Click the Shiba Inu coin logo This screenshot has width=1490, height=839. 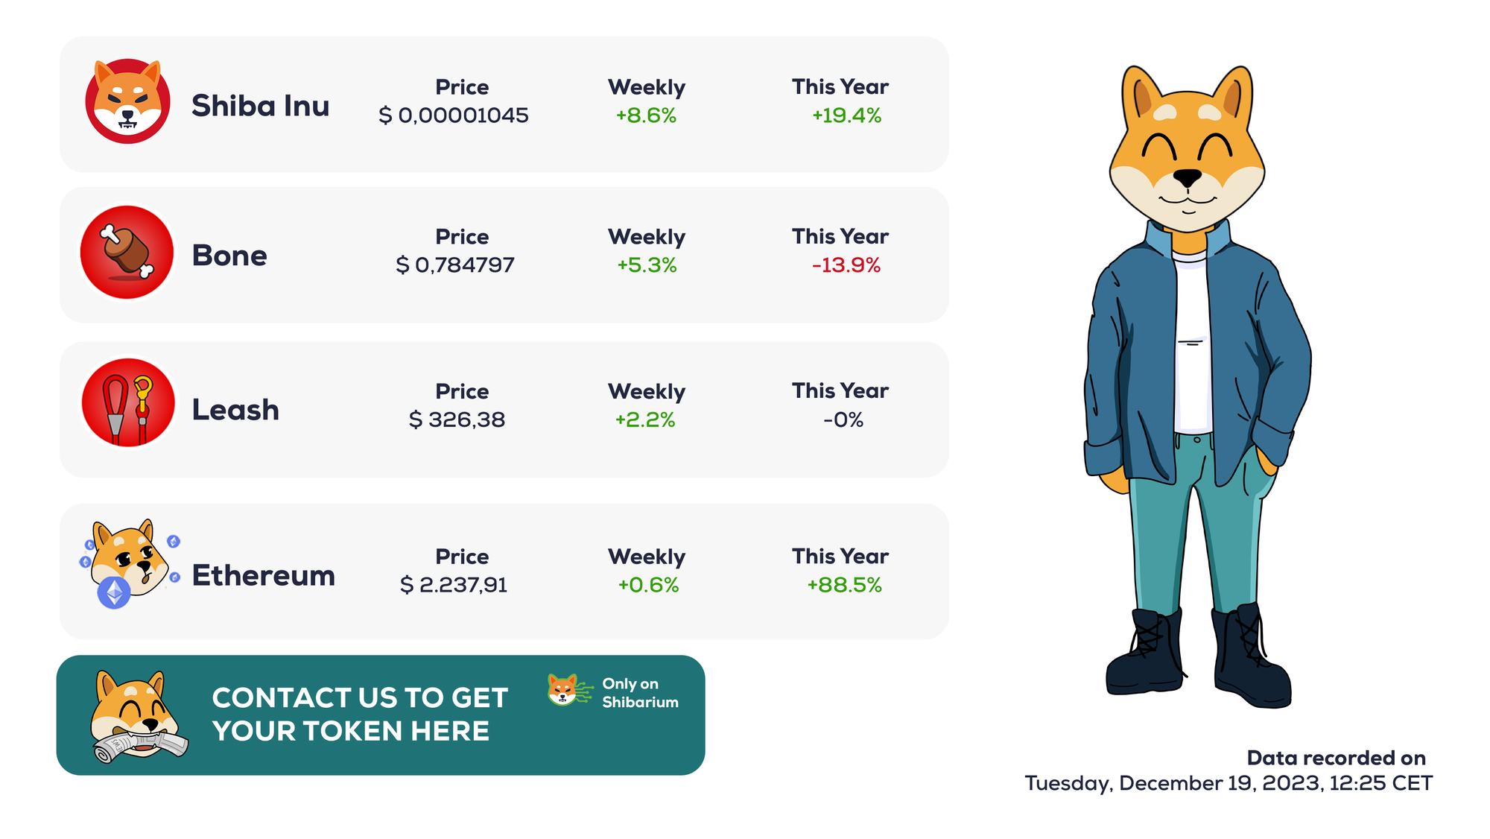pyautogui.click(x=127, y=101)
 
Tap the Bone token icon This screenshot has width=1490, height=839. pyautogui.click(x=127, y=253)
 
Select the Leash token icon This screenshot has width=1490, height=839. pyautogui.click(x=127, y=403)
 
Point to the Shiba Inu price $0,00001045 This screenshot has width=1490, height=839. pyautogui.click(x=454, y=115)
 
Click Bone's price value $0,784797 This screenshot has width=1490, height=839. pyautogui.click(x=455, y=265)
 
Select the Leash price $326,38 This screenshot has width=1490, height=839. pyautogui.click(x=457, y=420)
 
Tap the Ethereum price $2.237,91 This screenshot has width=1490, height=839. pyautogui.click(x=454, y=585)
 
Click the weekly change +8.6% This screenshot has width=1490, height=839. pyautogui.click(x=646, y=115)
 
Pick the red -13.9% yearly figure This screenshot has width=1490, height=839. pyautogui.click(x=846, y=265)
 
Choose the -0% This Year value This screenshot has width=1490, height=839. pyautogui.click(x=843, y=420)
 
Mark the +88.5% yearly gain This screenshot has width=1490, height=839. pyautogui.click(x=844, y=585)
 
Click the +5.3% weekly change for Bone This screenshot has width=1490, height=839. pyautogui.click(x=647, y=265)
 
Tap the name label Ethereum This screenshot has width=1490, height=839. pyautogui.click(x=263, y=576)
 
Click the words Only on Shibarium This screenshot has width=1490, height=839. pyautogui.click(x=640, y=693)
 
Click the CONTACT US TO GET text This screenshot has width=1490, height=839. pyautogui.click(x=360, y=698)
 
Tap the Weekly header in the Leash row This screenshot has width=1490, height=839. pyautogui.click(x=647, y=392)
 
